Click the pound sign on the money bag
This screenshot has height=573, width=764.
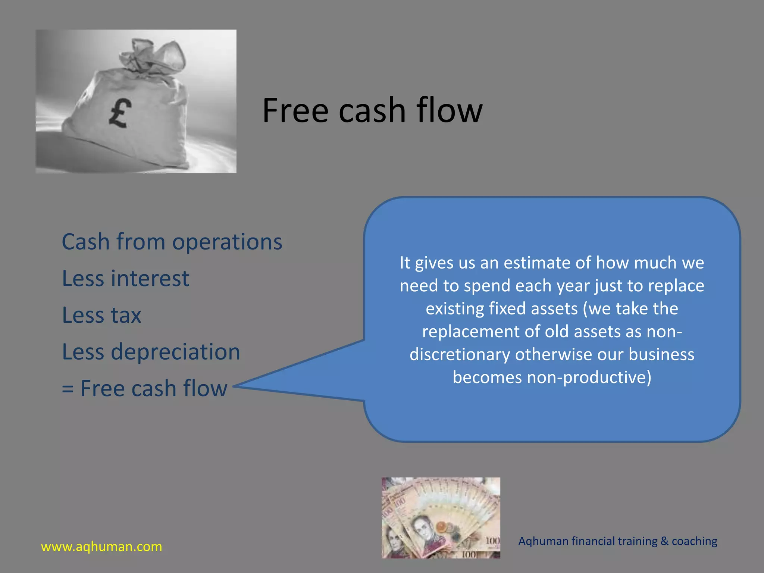(x=120, y=113)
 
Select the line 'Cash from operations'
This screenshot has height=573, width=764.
(x=172, y=242)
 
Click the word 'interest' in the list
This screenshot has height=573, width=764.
(x=150, y=278)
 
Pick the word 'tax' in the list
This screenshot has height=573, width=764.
(x=126, y=315)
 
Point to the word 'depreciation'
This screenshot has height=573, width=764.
(x=175, y=351)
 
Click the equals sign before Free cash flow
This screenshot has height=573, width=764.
(x=68, y=389)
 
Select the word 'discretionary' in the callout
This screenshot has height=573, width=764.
(x=460, y=354)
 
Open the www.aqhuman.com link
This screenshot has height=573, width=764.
(x=101, y=547)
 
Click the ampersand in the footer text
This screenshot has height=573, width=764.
(x=664, y=541)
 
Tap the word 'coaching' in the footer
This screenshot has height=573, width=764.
(x=694, y=541)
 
